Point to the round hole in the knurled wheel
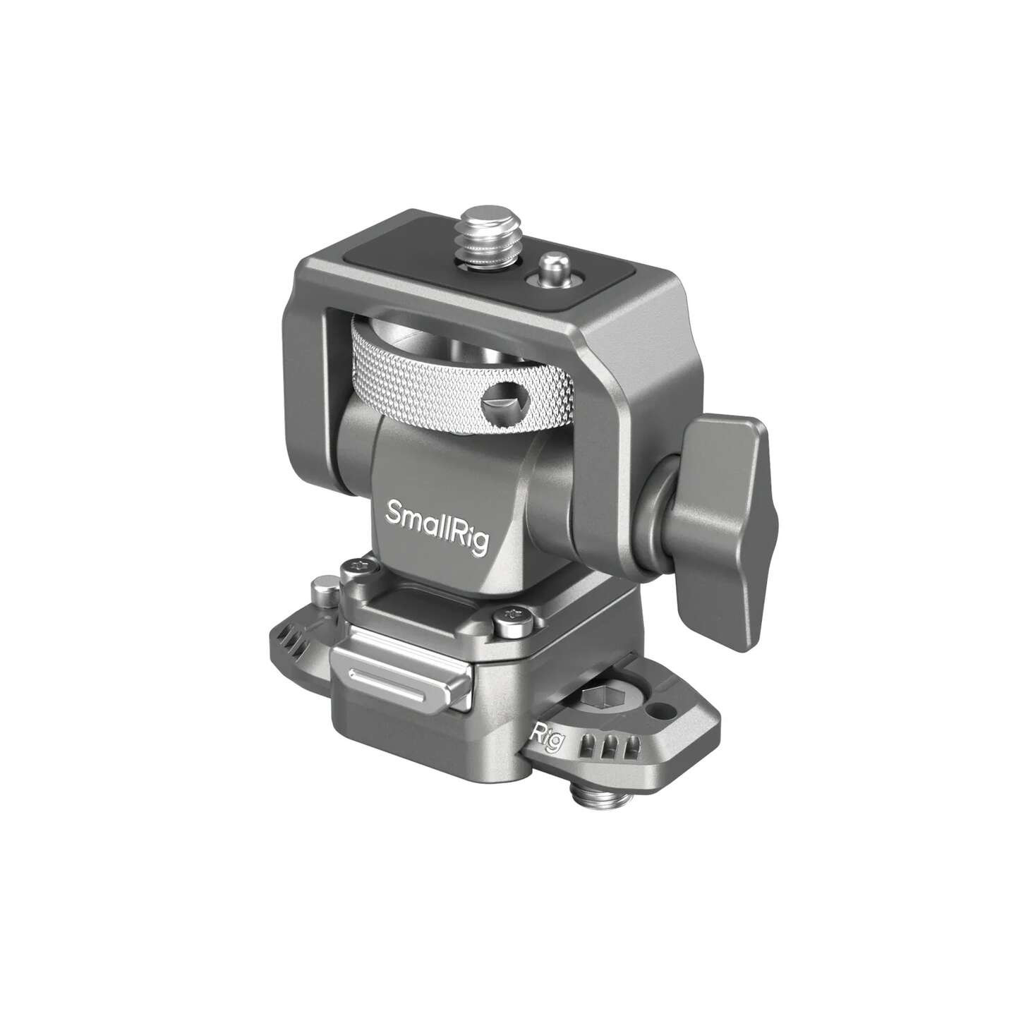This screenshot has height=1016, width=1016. coord(497,407)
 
